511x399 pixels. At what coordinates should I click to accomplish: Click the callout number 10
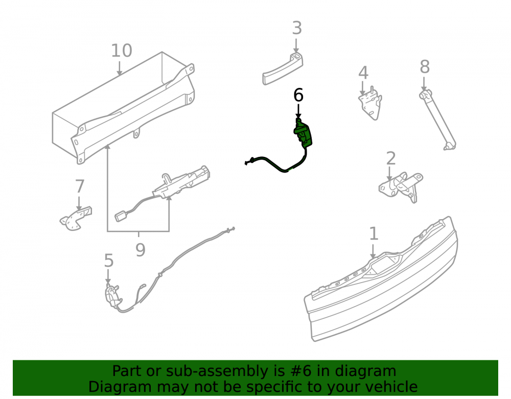point(122,51)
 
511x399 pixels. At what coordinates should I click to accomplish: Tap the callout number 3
point(296,28)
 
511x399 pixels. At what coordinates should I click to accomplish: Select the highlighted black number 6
point(298,95)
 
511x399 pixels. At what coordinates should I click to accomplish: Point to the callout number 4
point(363,73)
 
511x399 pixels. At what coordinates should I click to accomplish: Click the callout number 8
point(424,67)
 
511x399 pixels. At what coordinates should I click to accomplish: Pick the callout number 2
point(391,158)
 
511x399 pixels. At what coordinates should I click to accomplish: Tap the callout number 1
point(374,234)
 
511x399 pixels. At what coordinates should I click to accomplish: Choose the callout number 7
point(80,186)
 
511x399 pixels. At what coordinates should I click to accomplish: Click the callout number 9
point(140,250)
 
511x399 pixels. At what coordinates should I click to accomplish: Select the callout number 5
point(108,261)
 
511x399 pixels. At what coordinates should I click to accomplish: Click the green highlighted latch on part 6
point(303,133)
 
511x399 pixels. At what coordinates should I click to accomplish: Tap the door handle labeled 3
point(283,69)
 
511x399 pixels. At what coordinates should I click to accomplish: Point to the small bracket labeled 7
point(76,218)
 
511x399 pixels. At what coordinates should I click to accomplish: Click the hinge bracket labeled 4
point(370,103)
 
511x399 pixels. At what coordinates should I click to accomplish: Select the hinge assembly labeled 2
point(401,187)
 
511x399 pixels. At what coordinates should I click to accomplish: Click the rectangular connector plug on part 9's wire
point(122,216)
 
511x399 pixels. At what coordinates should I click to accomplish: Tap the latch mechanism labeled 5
point(112,296)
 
